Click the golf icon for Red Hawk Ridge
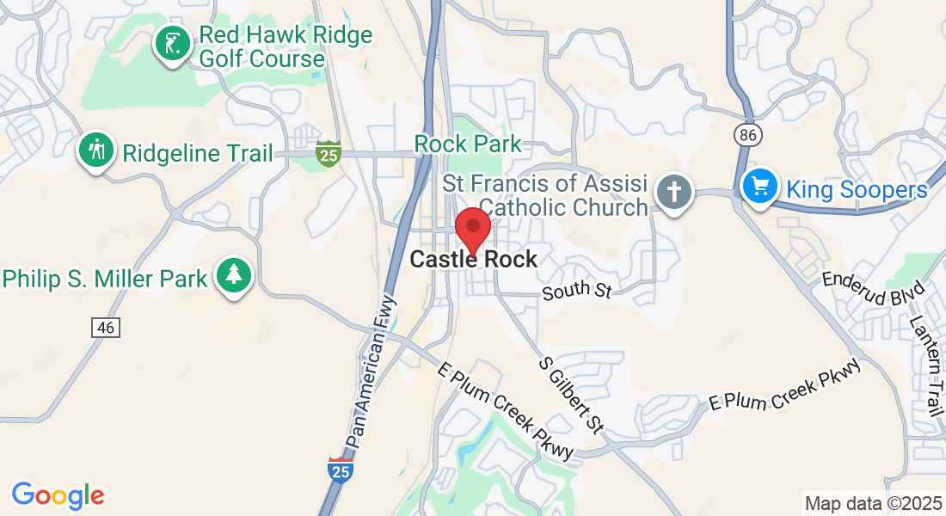(173, 44)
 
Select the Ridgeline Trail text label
(197, 154)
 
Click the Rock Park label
(469, 143)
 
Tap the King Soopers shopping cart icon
(760, 186)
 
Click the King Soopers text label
(858, 190)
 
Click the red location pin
(472, 228)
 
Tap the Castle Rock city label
(474, 259)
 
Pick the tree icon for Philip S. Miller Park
(233, 275)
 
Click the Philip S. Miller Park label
(105, 279)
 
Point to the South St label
(576, 290)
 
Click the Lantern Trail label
(928, 365)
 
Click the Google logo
(58, 495)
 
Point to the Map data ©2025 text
(871, 503)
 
